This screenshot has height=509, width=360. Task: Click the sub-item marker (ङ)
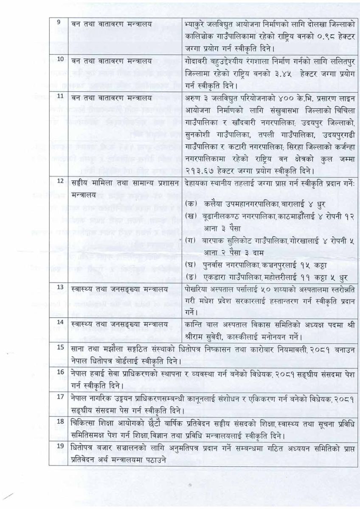point(191,278)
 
